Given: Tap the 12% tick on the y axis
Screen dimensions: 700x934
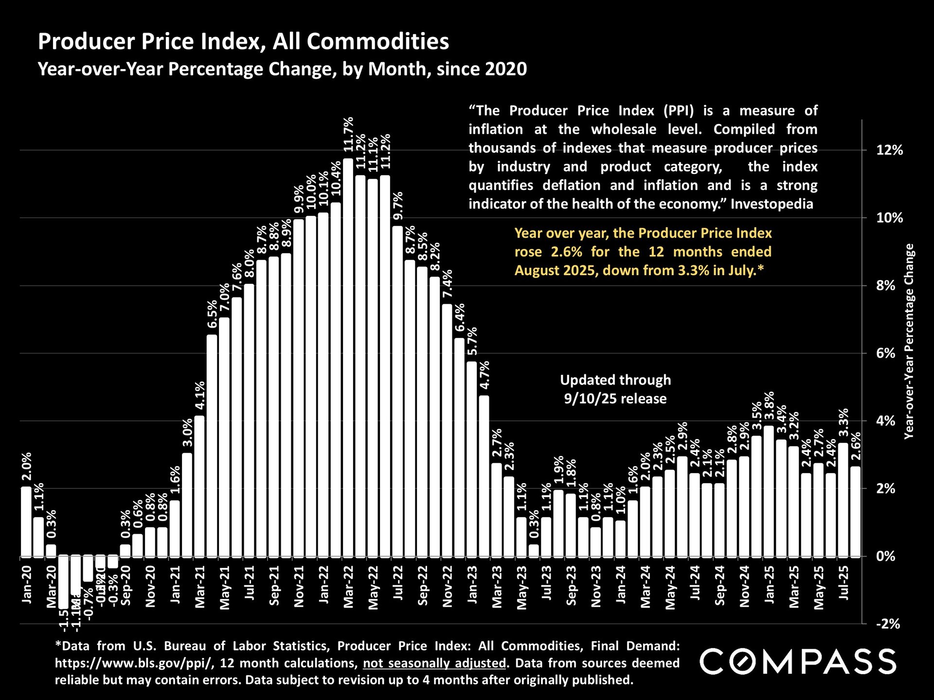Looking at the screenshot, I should [x=889, y=150].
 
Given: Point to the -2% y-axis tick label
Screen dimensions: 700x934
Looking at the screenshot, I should [x=888, y=624].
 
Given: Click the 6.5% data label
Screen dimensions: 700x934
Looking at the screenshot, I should [x=212, y=315].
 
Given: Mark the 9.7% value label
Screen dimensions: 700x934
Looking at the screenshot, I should [x=398, y=206].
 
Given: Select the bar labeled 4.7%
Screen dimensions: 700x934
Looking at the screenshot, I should [x=484, y=476].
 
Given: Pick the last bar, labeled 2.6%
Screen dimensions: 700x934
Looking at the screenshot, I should [x=855, y=511].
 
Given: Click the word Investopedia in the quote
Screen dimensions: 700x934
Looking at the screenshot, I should [x=772, y=204].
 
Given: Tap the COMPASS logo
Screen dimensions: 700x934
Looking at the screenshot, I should [x=798, y=662].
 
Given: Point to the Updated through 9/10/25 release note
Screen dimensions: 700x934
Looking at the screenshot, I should [x=615, y=389].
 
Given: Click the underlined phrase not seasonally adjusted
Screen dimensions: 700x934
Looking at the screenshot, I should [x=434, y=663].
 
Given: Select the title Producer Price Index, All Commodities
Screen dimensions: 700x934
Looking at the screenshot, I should [x=243, y=41].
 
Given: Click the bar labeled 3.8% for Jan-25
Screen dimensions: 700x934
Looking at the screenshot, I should [x=769, y=491].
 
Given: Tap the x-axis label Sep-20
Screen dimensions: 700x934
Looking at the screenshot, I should [x=126, y=585].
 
